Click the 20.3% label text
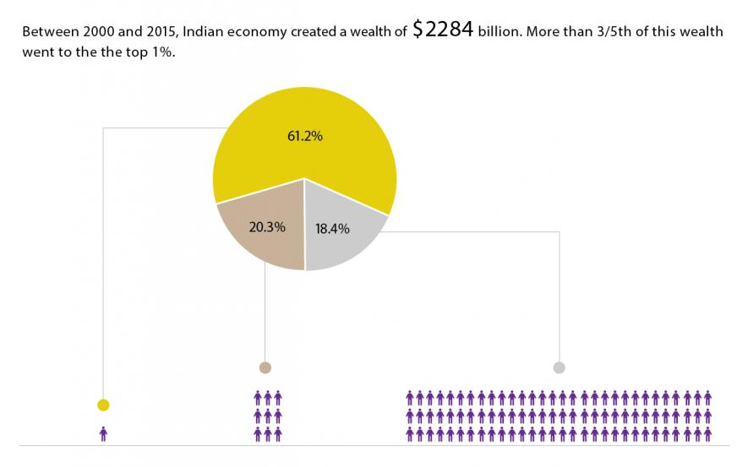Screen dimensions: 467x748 [x=268, y=226]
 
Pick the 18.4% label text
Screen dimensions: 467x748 [x=332, y=229]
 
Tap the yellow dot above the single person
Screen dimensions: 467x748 [x=103, y=405]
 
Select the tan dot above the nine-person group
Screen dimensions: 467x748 [x=265, y=367]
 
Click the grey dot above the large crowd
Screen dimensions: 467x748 [x=559, y=367]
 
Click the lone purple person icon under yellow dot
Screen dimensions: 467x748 [x=103, y=433]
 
